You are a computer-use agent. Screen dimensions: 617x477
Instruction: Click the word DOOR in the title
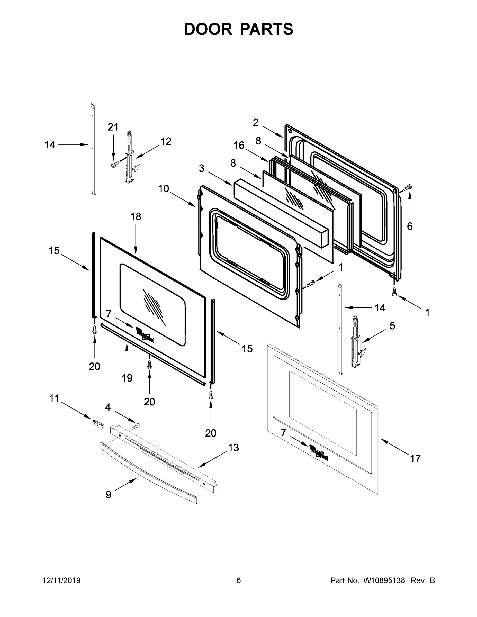208,29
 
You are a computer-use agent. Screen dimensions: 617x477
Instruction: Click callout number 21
113,127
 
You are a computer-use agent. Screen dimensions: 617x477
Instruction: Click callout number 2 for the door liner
256,122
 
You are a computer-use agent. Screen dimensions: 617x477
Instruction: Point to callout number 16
239,146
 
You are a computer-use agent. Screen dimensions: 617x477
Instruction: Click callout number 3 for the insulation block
202,168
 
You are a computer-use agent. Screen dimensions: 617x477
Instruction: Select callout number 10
163,188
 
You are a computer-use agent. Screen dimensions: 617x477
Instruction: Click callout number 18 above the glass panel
136,217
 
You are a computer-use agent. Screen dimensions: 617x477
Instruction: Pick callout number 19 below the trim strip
127,378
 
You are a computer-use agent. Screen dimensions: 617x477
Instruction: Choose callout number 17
415,459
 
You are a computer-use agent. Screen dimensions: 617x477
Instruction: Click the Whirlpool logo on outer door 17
319,452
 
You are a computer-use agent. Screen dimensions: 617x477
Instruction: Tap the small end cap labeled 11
98,424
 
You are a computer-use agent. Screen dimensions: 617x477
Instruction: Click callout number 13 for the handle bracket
233,448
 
